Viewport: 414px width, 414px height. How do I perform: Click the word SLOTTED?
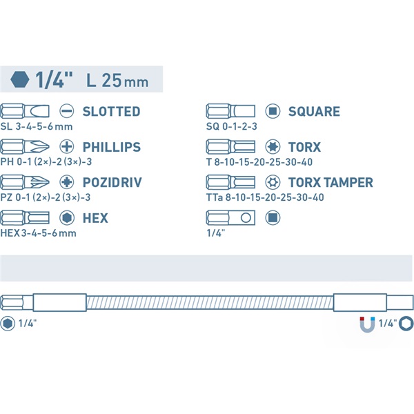(x=111, y=111)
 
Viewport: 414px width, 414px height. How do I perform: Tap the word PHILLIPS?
(x=112, y=147)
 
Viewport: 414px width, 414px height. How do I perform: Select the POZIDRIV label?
(x=112, y=182)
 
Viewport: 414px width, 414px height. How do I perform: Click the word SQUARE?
(x=314, y=111)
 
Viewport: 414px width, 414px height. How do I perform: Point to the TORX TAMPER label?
(x=331, y=182)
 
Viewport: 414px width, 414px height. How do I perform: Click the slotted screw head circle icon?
(x=66, y=111)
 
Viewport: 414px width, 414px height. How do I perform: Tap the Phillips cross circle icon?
(x=66, y=146)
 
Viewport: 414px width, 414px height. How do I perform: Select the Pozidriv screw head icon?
(x=66, y=182)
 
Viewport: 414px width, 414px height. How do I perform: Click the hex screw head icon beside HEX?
(x=66, y=218)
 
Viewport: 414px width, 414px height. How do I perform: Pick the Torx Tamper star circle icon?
(x=273, y=182)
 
